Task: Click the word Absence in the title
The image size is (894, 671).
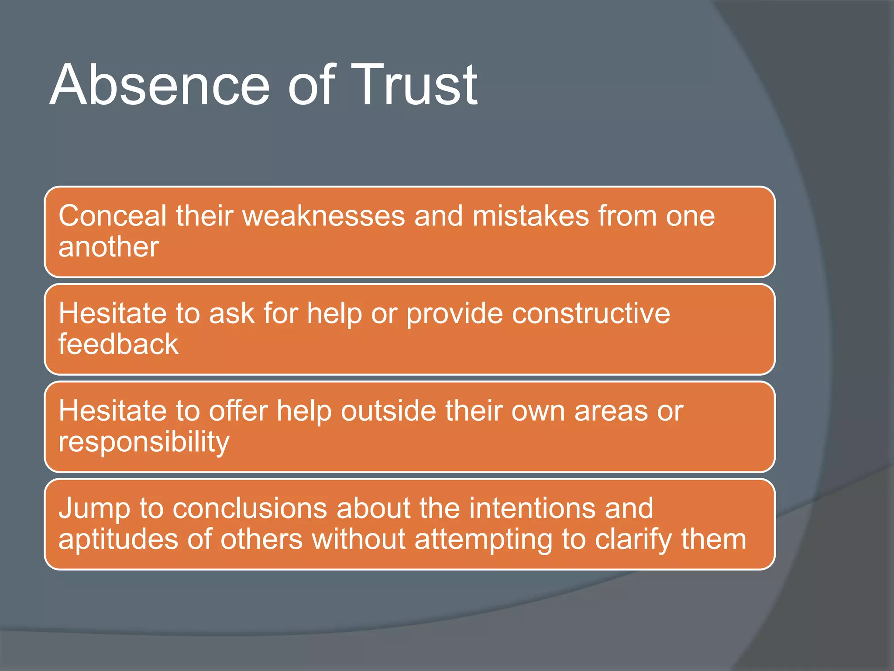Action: coord(160,85)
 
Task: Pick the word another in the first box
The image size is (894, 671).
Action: coord(109,248)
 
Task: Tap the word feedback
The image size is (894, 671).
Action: coord(118,344)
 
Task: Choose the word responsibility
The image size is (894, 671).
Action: coord(144,442)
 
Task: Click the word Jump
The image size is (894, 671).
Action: coord(94,509)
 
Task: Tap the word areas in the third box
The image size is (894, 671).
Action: coord(611,411)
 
